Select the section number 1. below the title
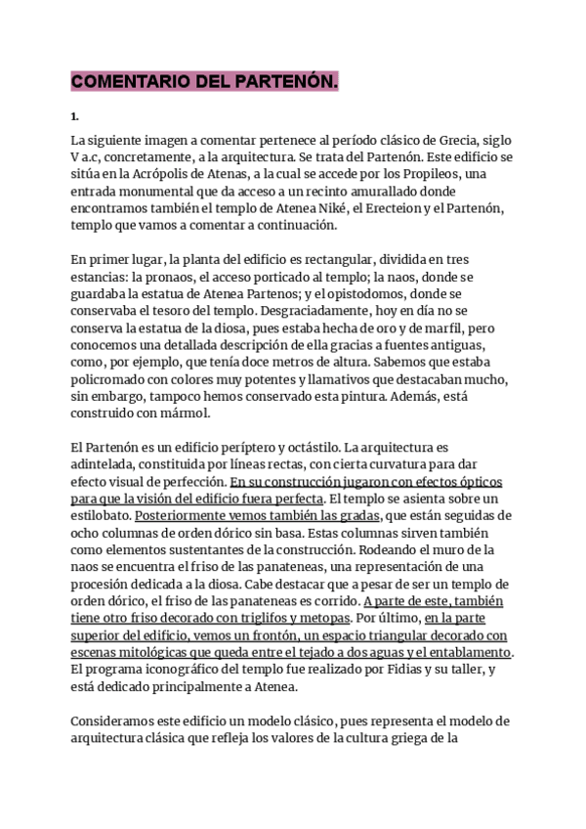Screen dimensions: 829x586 (x=74, y=115)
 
